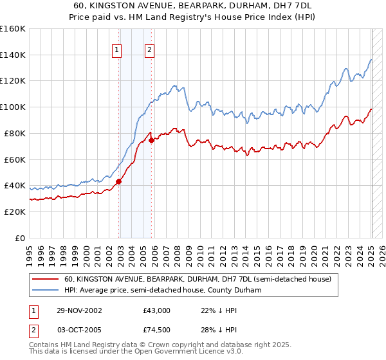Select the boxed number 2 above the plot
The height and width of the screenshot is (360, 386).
[150, 50]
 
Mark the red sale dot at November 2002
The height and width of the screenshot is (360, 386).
[119, 181]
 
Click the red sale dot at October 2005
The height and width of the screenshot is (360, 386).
[151, 140]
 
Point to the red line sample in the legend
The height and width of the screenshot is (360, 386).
[46, 279]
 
